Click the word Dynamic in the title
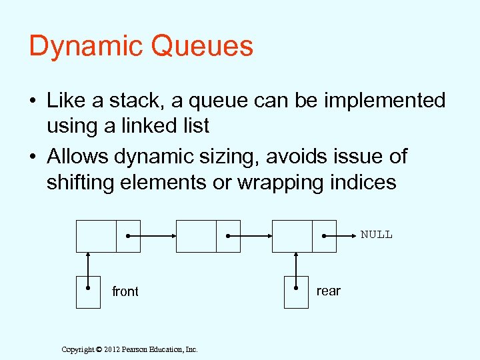(x=85, y=47)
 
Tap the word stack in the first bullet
(x=132, y=101)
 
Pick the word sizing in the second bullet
(x=229, y=157)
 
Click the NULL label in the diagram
(x=377, y=235)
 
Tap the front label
(x=125, y=292)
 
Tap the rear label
(x=328, y=291)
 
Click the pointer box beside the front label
(x=88, y=292)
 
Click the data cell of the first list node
(x=96, y=236)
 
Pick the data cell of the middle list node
(x=196, y=236)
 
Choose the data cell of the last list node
(x=291, y=236)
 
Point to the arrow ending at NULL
(x=341, y=236)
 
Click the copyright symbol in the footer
(x=98, y=349)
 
